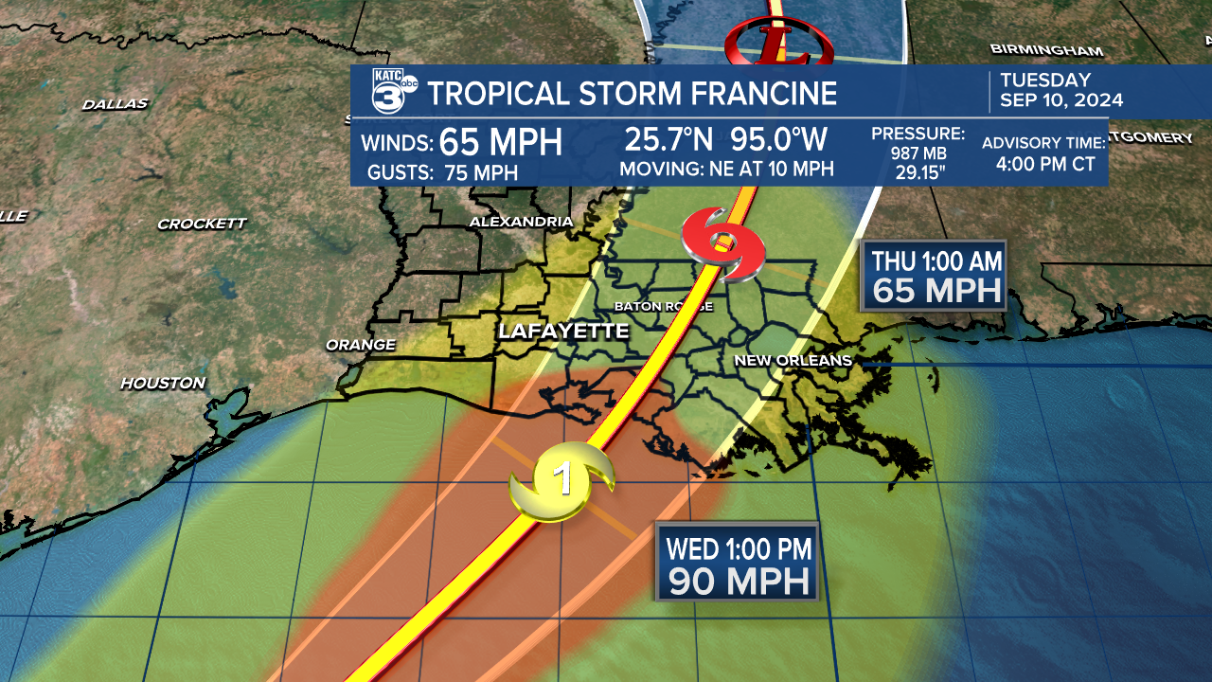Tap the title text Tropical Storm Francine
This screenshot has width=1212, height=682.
tap(632, 94)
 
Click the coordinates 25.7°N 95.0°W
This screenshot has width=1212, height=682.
tap(725, 139)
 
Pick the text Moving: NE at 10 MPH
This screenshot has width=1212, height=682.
tap(726, 170)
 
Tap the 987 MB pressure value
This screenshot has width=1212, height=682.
tap(918, 153)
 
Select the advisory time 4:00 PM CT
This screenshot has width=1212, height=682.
tap(1045, 164)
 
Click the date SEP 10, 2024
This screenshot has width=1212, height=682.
tap(1062, 100)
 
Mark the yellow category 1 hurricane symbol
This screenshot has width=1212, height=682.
tap(562, 479)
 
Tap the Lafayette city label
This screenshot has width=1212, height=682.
tap(563, 331)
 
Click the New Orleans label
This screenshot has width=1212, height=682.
tap(793, 361)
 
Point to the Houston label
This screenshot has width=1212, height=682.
tap(163, 384)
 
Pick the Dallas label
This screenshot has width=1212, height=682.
tap(115, 104)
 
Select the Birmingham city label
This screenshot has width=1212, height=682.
tap(1046, 49)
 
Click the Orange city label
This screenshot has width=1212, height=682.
tap(360, 345)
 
